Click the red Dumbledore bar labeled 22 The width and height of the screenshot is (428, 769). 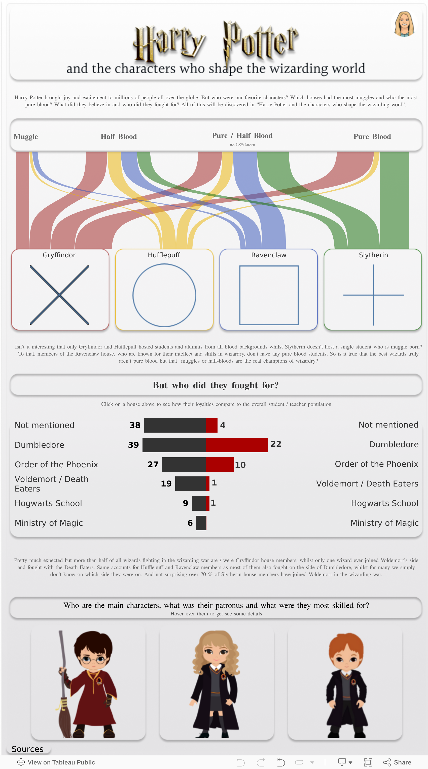click(x=236, y=445)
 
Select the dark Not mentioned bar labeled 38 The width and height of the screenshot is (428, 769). click(x=175, y=425)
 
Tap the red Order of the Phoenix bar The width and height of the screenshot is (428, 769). click(x=220, y=465)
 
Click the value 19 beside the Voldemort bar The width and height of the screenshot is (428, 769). click(x=166, y=484)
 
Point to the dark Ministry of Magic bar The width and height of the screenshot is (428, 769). click(x=201, y=523)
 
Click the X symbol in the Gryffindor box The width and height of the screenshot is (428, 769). click(x=59, y=295)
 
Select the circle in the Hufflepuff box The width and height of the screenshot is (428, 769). click(x=164, y=295)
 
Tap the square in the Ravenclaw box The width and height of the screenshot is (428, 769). click(x=269, y=295)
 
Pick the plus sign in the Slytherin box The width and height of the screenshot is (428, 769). click(x=373, y=295)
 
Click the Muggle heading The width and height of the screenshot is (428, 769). click(x=26, y=137)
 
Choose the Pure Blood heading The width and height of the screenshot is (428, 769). click(x=372, y=137)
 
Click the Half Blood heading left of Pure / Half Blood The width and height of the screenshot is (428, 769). click(x=119, y=137)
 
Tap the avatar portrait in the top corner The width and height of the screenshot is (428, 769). click(x=404, y=24)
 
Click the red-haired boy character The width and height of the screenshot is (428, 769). click(x=346, y=684)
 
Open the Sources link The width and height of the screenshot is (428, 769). click(x=27, y=749)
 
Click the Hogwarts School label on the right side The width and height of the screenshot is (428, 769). click(x=384, y=503)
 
